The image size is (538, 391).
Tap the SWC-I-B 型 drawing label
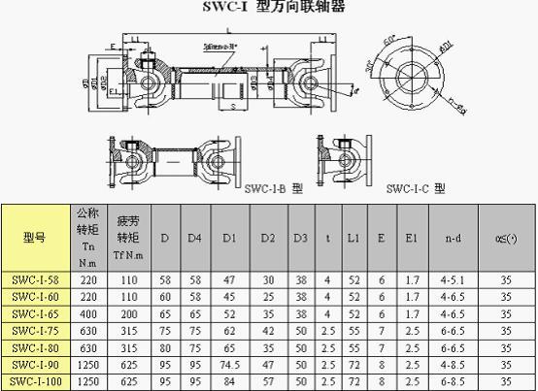pyautogui.click(x=273, y=188)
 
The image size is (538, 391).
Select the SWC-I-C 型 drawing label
pyautogui.click(x=416, y=188)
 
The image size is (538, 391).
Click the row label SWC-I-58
pyautogui.click(x=34, y=278)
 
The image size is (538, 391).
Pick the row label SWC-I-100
pyautogui.click(x=34, y=382)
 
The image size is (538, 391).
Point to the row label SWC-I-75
pyautogui.click(x=34, y=330)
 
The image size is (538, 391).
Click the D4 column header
pyautogui.click(x=194, y=237)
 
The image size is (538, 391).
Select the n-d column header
pyautogui.click(x=453, y=237)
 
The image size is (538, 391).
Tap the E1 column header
pyautogui.click(x=412, y=237)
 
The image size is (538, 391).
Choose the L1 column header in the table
pyautogui.click(x=354, y=237)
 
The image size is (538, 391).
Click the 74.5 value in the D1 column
pyautogui.click(x=230, y=365)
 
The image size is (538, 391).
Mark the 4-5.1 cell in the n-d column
pyautogui.click(x=453, y=278)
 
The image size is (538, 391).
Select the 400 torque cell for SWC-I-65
pyautogui.click(x=86, y=313)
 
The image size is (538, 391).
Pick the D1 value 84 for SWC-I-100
pyautogui.click(x=230, y=382)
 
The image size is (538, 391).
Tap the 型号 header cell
pyautogui.click(x=34, y=237)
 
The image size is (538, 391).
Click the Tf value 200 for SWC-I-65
pyautogui.click(x=126, y=313)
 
